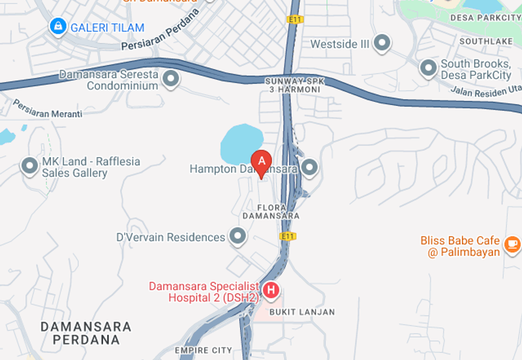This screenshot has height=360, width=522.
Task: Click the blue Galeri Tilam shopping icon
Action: tap(58, 27)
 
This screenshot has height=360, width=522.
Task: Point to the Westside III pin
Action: tap(382, 44)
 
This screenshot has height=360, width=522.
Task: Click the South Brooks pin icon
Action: tap(428, 67)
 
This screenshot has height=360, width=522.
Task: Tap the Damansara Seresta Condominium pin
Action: tap(171, 80)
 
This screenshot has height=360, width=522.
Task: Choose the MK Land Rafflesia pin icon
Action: tap(29, 166)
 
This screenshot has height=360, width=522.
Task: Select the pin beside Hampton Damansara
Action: tap(309, 168)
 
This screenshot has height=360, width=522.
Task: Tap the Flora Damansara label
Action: tap(271, 210)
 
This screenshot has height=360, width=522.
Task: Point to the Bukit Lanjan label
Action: tap(302, 312)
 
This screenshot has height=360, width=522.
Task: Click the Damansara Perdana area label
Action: tap(85, 333)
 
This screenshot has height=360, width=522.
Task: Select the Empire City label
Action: tap(203, 351)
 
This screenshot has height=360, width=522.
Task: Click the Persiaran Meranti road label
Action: tap(48, 109)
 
